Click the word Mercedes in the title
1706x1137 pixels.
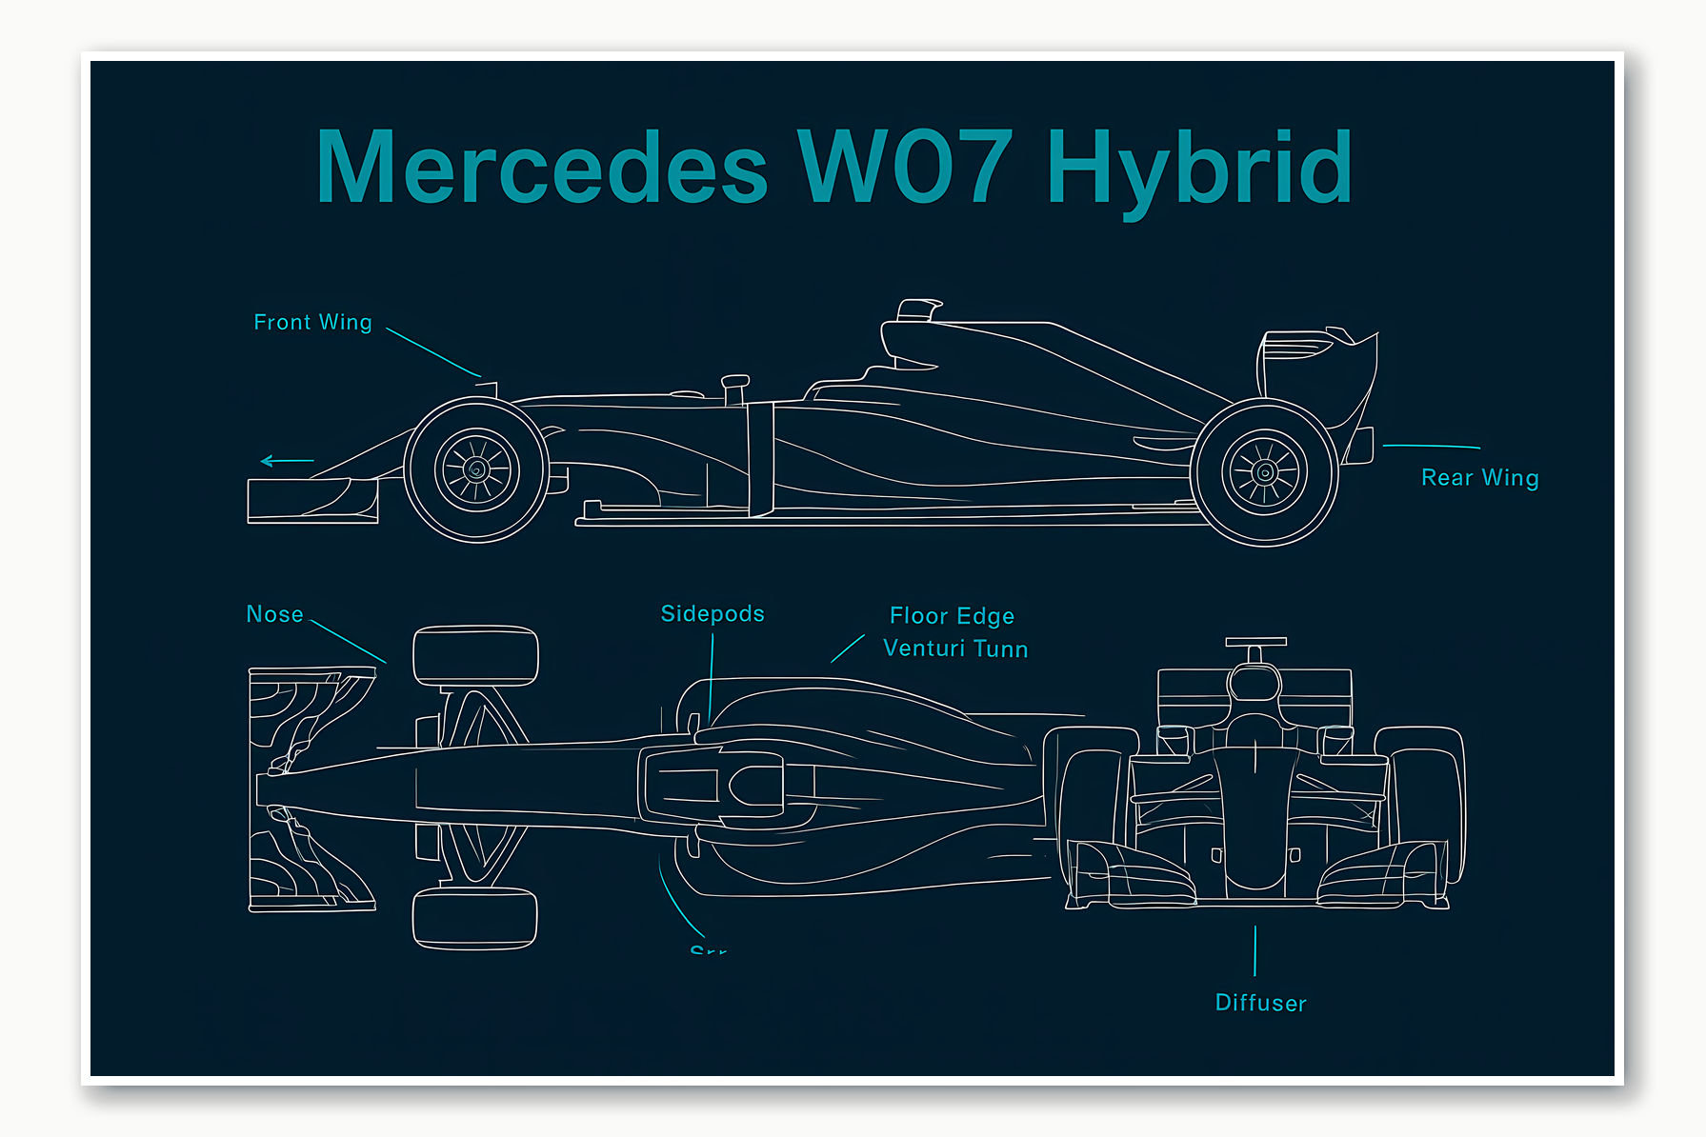click(x=541, y=169)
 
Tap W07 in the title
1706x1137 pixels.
click(x=905, y=169)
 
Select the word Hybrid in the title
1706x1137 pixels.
click(x=1199, y=169)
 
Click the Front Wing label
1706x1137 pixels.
click(x=312, y=323)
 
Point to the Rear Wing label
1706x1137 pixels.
click(x=1479, y=478)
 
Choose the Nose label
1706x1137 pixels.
click(x=274, y=614)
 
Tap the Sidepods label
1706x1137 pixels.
click(x=713, y=614)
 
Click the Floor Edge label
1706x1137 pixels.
click(x=952, y=616)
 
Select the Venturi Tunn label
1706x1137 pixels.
click(x=955, y=648)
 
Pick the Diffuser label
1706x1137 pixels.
click(x=1260, y=1003)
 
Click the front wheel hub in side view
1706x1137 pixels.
click(x=477, y=469)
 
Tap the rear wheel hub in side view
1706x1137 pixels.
click(x=1265, y=472)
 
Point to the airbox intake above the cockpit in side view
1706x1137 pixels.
click(x=918, y=309)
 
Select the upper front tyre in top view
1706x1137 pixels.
click(x=475, y=655)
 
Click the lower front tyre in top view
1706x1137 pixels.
click(x=474, y=917)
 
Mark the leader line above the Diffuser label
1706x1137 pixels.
click(x=1255, y=950)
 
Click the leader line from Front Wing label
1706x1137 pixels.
click(x=433, y=353)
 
